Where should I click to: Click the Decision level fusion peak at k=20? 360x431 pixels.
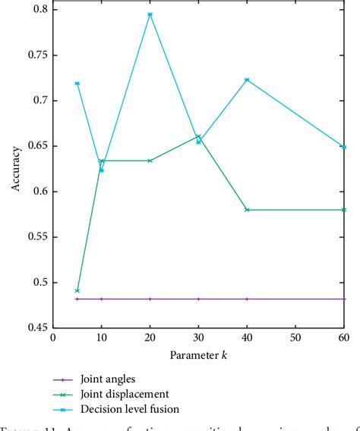click(x=150, y=14)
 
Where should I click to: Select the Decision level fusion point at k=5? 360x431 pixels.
click(x=77, y=84)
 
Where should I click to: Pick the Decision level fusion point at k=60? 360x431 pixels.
click(x=345, y=147)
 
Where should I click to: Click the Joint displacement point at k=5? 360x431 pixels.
click(x=77, y=290)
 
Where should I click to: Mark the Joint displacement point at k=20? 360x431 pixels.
click(x=150, y=160)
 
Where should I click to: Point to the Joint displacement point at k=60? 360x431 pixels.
click(x=345, y=210)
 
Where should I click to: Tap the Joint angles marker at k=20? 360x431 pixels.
click(x=150, y=299)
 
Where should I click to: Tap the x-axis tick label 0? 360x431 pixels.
click(x=52, y=337)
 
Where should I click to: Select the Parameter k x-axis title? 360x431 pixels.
click(x=198, y=356)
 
